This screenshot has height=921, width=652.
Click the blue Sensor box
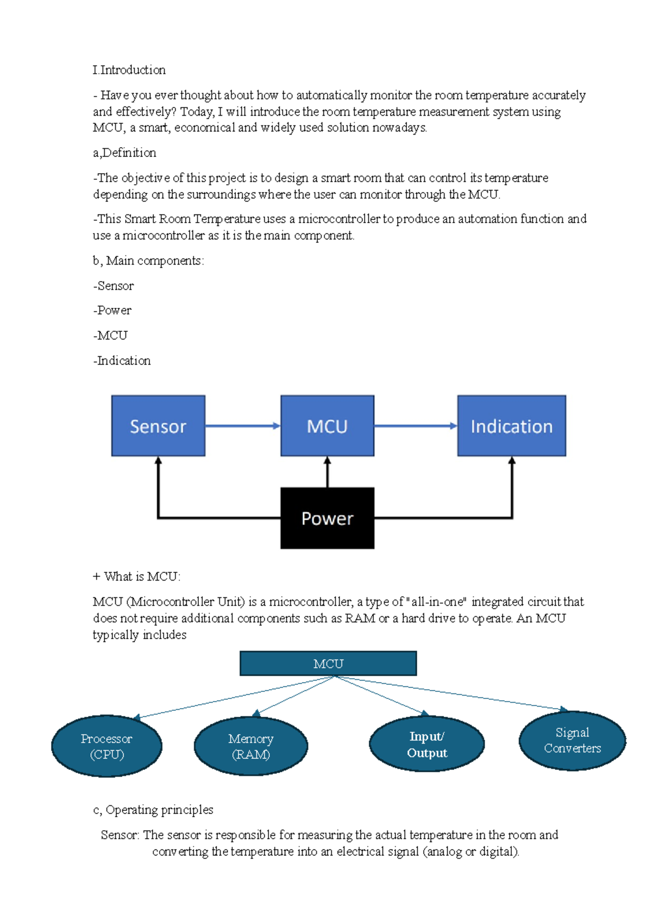point(158,426)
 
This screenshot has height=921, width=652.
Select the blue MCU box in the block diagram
point(327,426)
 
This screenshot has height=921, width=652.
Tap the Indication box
point(511,426)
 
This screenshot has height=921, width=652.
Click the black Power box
point(327,518)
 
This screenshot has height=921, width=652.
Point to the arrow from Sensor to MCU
point(243,426)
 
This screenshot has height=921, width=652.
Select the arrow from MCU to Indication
point(416,426)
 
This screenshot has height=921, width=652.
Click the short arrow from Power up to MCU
point(328,472)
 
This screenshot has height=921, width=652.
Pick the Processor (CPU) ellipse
point(106,746)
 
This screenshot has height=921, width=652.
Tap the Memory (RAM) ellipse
point(251,746)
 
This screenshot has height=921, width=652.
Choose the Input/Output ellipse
point(427,744)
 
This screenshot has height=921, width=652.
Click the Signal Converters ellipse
point(572,740)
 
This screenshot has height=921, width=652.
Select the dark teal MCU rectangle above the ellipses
point(328,663)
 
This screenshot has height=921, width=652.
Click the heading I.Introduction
point(129,70)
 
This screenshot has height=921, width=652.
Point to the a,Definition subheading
point(124,153)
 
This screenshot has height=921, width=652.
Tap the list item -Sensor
point(114,286)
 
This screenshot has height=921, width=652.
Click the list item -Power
point(112,311)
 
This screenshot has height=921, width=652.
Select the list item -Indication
point(122,361)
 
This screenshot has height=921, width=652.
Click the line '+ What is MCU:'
point(136,577)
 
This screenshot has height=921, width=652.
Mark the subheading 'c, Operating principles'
point(153,810)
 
